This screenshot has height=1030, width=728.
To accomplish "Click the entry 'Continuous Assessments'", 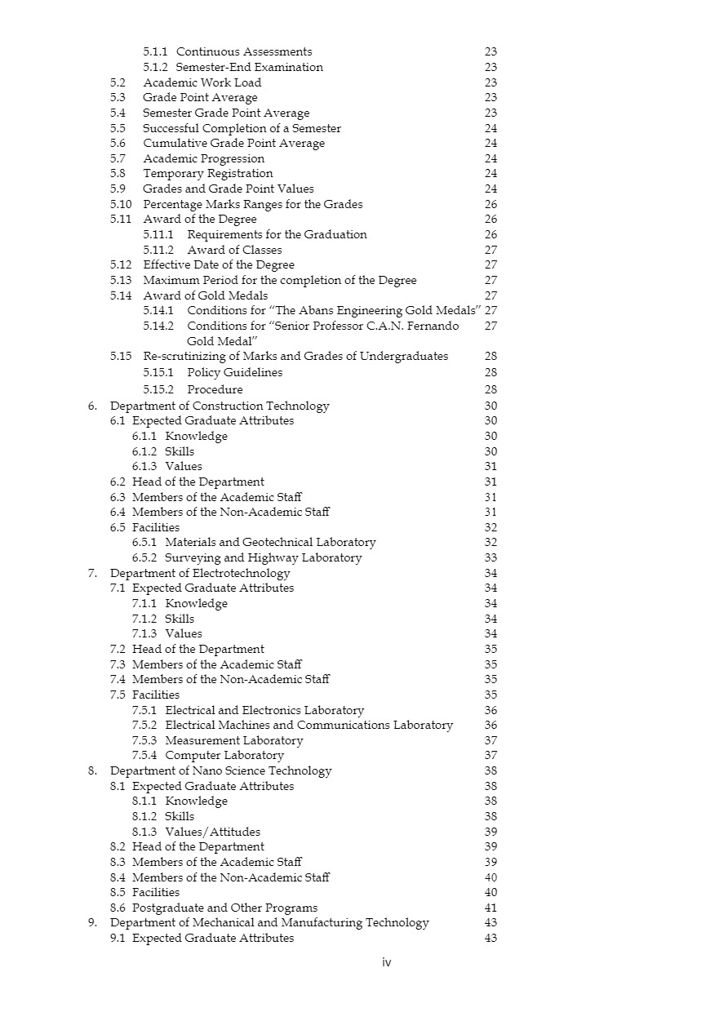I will tap(244, 52).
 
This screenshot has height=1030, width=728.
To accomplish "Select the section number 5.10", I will tap(121, 204).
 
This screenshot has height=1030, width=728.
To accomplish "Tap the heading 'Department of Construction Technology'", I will tap(220, 406).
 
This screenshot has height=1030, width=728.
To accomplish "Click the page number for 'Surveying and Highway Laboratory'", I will tap(491, 558).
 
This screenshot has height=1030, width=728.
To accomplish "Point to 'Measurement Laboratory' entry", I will tap(233, 740).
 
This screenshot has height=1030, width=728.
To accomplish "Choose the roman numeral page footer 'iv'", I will tap(387, 962).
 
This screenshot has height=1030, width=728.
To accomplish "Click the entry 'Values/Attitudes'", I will tap(212, 832).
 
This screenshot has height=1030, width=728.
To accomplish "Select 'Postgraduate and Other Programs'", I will tap(224, 908).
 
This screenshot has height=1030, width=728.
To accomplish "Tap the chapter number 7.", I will tap(92, 573).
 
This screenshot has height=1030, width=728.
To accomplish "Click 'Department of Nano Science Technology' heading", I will tap(220, 770).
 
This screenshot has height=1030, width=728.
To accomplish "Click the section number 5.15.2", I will tap(158, 389).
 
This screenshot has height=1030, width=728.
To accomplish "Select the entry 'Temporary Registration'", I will tap(208, 173).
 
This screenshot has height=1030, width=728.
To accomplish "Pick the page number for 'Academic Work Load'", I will tap(491, 82).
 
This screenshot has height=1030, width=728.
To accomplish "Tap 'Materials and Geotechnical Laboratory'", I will tap(270, 542).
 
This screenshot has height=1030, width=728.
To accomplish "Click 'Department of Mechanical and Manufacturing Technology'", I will tap(269, 922).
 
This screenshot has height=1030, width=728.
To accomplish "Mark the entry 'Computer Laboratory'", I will tap(224, 756).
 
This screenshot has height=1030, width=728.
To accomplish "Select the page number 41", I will tap(491, 908).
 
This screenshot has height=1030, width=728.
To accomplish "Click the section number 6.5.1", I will tap(146, 542).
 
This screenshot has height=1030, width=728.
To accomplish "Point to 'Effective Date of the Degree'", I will tap(219, 264).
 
